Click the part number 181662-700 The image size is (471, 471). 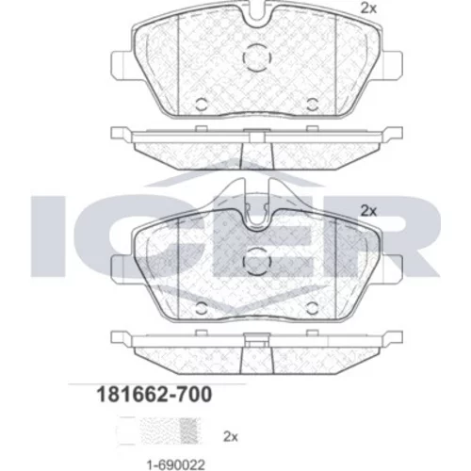(x=154, y=395)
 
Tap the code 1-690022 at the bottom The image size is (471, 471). (x=176, y=464)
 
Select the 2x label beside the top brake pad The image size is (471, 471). (x=368, y=8)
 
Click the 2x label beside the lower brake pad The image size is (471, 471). (x=368, y=211)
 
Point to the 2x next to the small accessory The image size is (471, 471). (x=231, y=437)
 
